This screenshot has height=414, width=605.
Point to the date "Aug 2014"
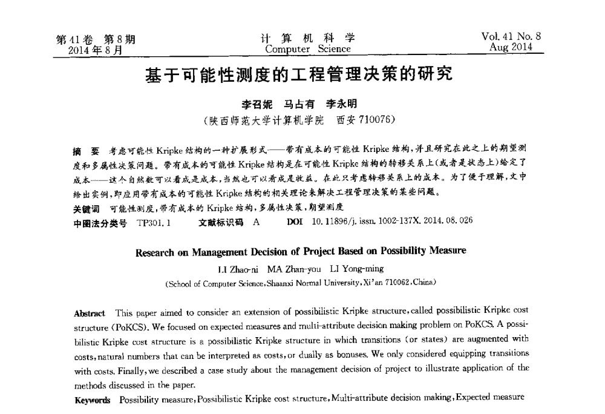512,47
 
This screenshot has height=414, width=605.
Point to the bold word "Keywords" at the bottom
92,400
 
